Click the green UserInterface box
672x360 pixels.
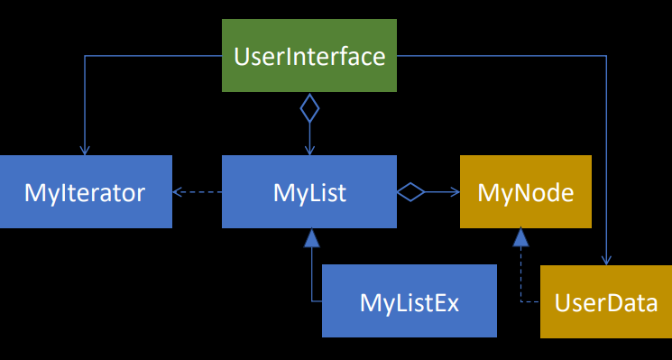[309, 57]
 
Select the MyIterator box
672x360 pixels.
[86, 191]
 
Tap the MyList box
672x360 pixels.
[309, 191]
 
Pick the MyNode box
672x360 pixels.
[526, 191]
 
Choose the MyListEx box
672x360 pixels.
[410, 301]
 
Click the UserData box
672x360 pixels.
[605, 301]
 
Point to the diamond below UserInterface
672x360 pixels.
[309, 109]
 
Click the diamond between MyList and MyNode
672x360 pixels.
[410, 191]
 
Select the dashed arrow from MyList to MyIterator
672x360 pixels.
[198, 191]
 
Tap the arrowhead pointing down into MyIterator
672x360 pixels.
[85, 150]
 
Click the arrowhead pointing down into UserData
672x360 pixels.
[605, 260]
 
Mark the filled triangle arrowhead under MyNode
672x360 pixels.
[520, 237]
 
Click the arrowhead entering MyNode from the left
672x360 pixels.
[455, 191]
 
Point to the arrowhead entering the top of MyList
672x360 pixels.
[309, 150]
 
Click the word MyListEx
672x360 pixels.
[410, 301]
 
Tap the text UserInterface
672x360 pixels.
[309, 57]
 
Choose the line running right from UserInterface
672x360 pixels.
[505, 57]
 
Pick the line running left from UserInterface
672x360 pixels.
[153, 57]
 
